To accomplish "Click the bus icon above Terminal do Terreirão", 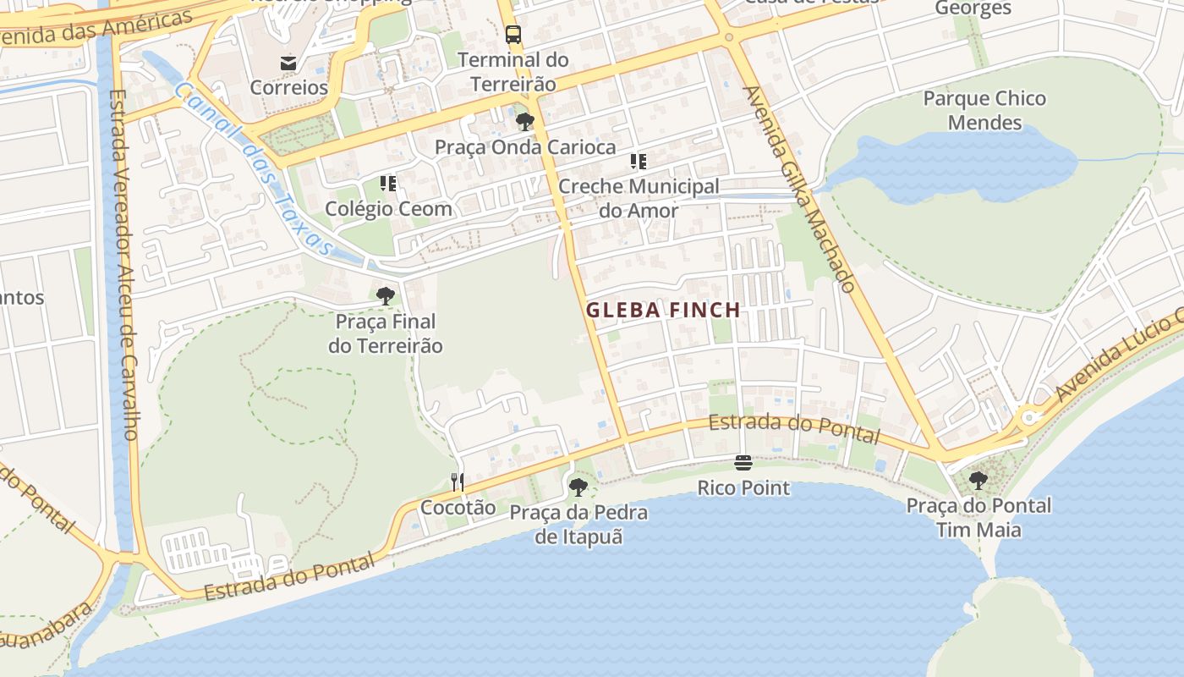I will coord(513,35).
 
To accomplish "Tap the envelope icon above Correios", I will coord(288,63).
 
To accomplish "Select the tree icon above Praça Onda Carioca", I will coord(525,122).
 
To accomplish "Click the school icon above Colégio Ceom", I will coord(388,184).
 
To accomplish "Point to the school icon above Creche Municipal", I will coord(639,162).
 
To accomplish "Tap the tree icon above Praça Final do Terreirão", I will coord(386,296).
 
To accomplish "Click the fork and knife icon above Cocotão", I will coord(458,482).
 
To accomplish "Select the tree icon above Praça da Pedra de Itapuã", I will coord(578,487).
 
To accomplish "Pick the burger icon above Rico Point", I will coord(743,463).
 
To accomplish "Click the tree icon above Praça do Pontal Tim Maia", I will coord(978,481).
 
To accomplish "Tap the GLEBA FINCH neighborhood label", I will coord(663,311).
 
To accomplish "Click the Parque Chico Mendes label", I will coord(984,110).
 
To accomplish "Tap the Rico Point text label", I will coord(743,488).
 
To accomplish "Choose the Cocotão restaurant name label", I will coord(458,508).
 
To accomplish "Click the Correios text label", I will coord(288,87).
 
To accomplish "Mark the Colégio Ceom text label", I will coord(388,208).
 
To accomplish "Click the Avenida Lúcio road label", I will coord(1116,355).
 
